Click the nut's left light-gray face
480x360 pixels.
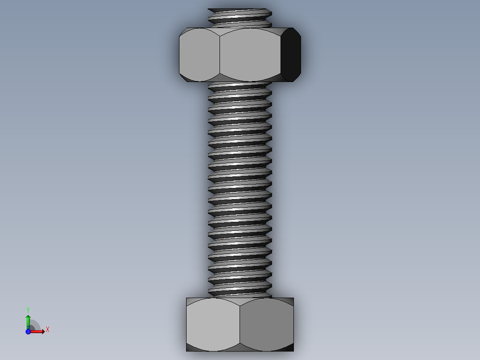199,55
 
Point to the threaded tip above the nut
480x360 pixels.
240,18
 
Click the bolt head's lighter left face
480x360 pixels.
213,324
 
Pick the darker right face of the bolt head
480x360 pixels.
267,324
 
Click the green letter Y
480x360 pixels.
28,310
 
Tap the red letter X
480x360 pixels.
48,330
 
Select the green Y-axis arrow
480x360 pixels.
28,322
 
